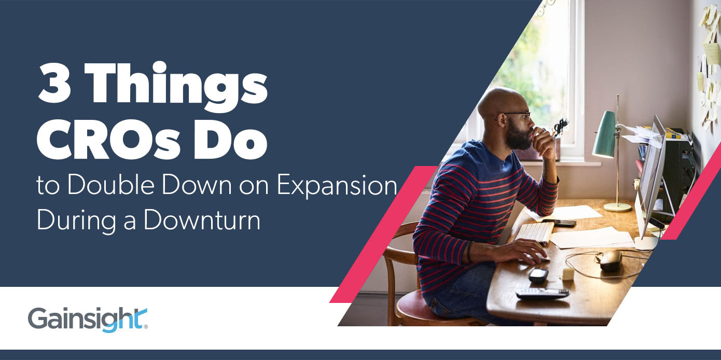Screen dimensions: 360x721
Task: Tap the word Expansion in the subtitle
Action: (x=337, y=185)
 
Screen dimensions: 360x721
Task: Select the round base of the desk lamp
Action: (x=617, y=206)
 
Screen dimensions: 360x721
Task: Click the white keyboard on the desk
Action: (x=534, y=232)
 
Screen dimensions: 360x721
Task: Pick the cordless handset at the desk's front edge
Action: (x=542, y=293)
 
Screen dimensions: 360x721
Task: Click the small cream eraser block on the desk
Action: (x=568, y=273)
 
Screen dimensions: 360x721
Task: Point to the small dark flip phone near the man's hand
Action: (x=538, y=275)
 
